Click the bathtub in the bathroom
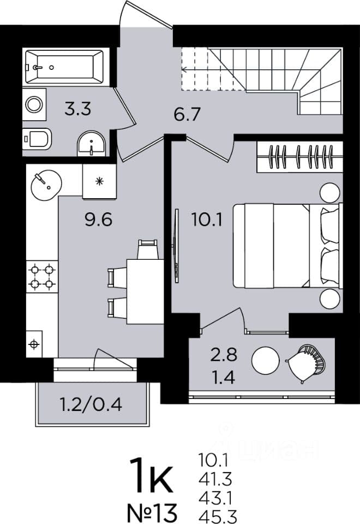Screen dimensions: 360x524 (x=64, y=67)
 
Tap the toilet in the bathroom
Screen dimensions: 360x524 (x=37, y=139)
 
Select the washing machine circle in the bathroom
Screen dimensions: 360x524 (x=34, y=105)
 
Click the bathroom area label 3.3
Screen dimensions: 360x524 (x=78, y=109)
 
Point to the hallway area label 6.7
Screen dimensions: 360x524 (x=187, y=115)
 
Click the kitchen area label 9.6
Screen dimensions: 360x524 (x=99, y=219)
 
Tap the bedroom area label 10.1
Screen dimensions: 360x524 (x=207, y=219)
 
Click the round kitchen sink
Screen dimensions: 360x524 (x=46, y=185)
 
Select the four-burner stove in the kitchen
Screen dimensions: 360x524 (x=42, y=277)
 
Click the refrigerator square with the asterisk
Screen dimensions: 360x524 (x=99, y=181)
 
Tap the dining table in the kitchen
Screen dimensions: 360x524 (x=145, y=291)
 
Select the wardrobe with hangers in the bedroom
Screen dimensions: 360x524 (x=300, y=157)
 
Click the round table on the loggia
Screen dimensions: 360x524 (x=266, y=361)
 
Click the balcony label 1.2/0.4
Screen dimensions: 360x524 (x=91, y=404)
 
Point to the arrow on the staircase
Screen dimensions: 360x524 (x=214, y=69)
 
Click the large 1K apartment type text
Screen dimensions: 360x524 (x=151, y=475)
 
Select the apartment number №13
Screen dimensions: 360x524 (x=152, y=513)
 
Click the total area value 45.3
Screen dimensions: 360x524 (x=218, y=516)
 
